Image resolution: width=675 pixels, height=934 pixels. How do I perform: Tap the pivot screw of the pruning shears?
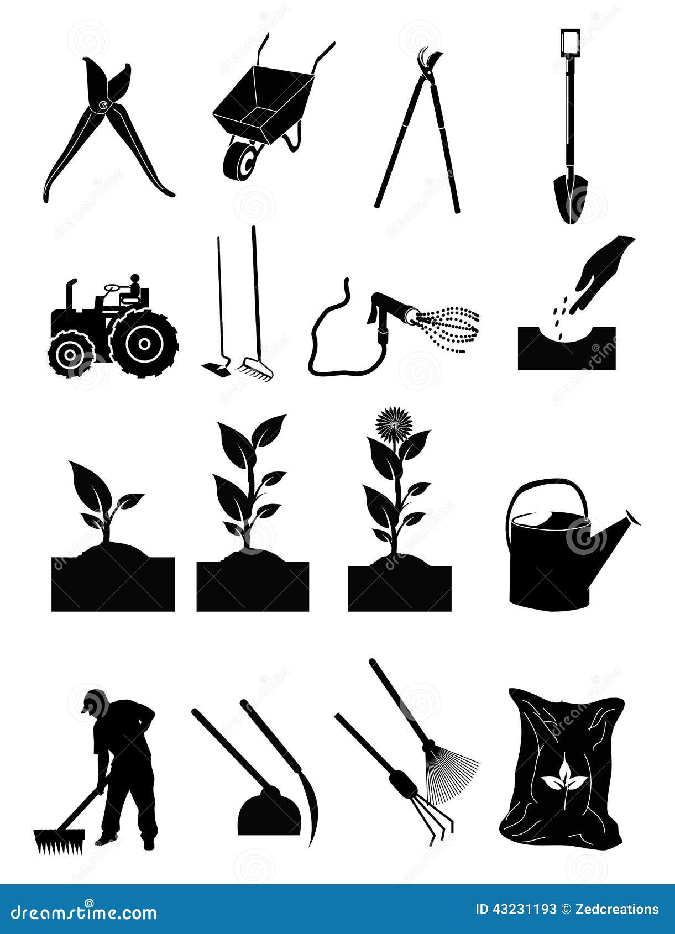pos(102,104)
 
